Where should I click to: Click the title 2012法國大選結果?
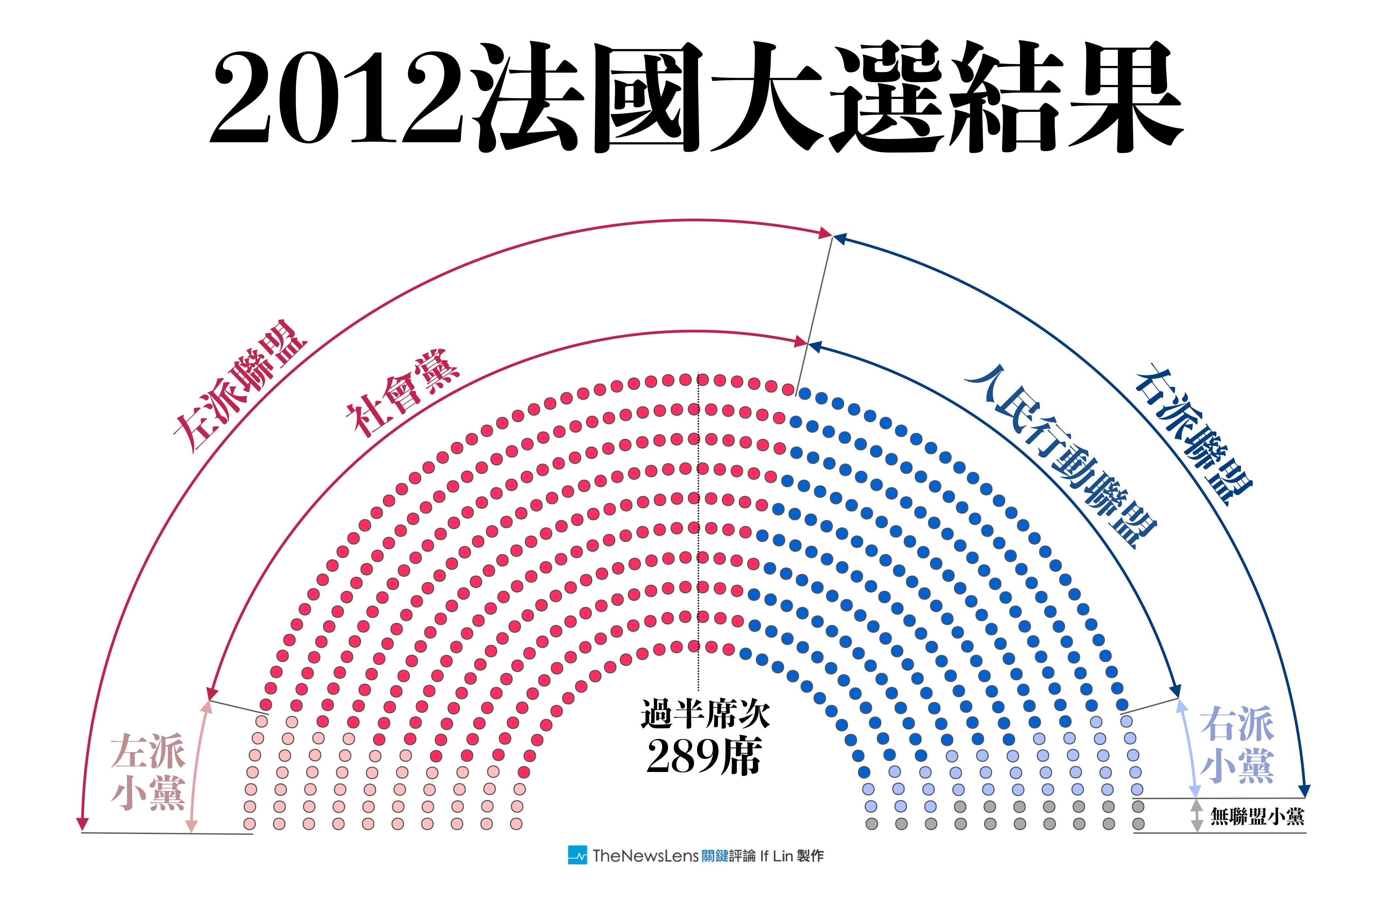coord(696,97)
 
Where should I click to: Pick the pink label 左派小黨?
coord(148,772)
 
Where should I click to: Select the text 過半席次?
coord(705,714)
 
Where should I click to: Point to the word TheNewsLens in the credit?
coord(645,856)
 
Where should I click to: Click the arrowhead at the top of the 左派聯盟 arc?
coord(825,234)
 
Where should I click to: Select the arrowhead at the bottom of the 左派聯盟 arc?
coord(83,824)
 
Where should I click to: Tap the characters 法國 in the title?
coord(591,97)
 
